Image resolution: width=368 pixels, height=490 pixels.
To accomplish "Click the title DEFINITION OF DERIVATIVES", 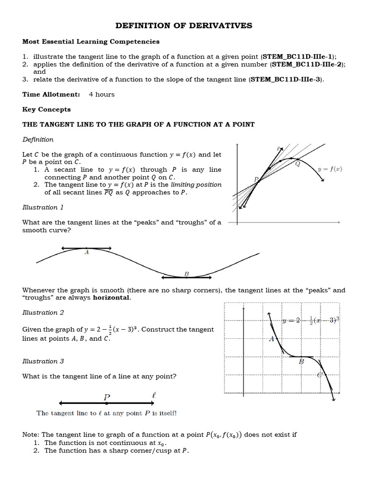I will (x=184, y=26).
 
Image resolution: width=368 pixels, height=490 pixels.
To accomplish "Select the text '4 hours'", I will (x=102, y=94).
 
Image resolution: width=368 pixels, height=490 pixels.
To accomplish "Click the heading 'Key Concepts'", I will (x=46, y=110).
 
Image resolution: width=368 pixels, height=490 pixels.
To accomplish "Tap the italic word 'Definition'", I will (x=38, y=140).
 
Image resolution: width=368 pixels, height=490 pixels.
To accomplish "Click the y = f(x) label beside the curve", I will (x=330, y=169).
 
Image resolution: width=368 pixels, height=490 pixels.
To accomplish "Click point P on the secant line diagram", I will (x=256, y=179).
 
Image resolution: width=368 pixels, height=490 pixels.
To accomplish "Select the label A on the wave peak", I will (x=87, y=253).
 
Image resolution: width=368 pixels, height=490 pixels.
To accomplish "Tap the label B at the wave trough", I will (x=186, y=274).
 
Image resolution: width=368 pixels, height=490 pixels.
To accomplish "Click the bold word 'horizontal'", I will (x=111, y=298).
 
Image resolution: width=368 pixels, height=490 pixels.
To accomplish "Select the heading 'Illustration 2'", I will (x=43, y=312).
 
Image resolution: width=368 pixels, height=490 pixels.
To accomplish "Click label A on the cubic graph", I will (x=271, y=339).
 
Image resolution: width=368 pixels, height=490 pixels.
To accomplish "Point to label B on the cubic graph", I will (x=301, y=362).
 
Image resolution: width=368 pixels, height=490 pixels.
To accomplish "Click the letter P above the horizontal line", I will (x=107, y=397).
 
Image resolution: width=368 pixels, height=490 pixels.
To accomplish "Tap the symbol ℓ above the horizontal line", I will (x=153, y=396).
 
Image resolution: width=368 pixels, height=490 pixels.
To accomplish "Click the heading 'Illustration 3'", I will (x=43, y=361).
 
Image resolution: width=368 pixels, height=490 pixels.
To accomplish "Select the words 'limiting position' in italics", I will (x=198, y=185).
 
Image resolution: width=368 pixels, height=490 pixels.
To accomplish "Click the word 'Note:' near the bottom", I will (x=31, y=434).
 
